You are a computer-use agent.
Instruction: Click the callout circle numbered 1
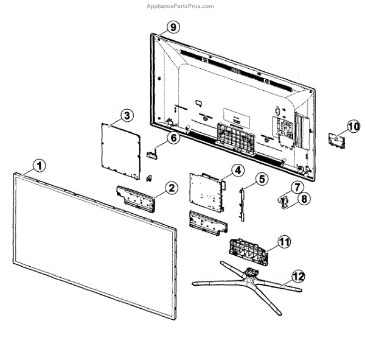pyautogui.click(x=39, y=165)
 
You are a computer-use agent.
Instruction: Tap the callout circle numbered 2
pyautogui.click(x=172, y=188)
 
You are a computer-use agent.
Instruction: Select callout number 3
pyautogui.click(x=127, y=115)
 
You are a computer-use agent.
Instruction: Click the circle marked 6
pyautogui.click(x=173, y=138)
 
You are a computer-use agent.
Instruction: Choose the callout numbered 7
pyautogui.click(x=297, y=187)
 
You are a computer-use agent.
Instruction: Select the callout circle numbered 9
pyautogui.click(x=173, y=27)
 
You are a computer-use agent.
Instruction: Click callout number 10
pyautogui.click(x=353, y=126)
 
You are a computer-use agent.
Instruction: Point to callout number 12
pyautogui.click(x=297, y=276)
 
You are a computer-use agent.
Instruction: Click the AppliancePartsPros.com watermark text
pyautogui.click(x=181, y=6)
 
